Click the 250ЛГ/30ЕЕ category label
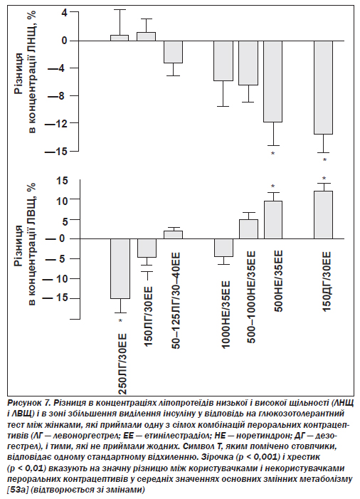coord(122,364)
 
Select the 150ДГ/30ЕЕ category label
coord(327,282)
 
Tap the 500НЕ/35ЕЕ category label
coord(277,282)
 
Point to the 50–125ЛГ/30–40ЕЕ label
coord(176,301)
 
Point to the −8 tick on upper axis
coord(62,95)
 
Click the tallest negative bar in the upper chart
coord(324,88)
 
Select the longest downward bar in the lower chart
coord(120,268)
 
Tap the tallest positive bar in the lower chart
coord(324,215)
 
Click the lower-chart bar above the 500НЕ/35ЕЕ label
coord(273,219)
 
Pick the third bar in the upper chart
coord(173,52)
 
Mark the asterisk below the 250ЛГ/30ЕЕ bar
coord(120,321)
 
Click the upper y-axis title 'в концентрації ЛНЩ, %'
coord(32,72)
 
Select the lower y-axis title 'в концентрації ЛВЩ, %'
coord(32,244)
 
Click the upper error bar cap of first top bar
coord(120,9)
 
